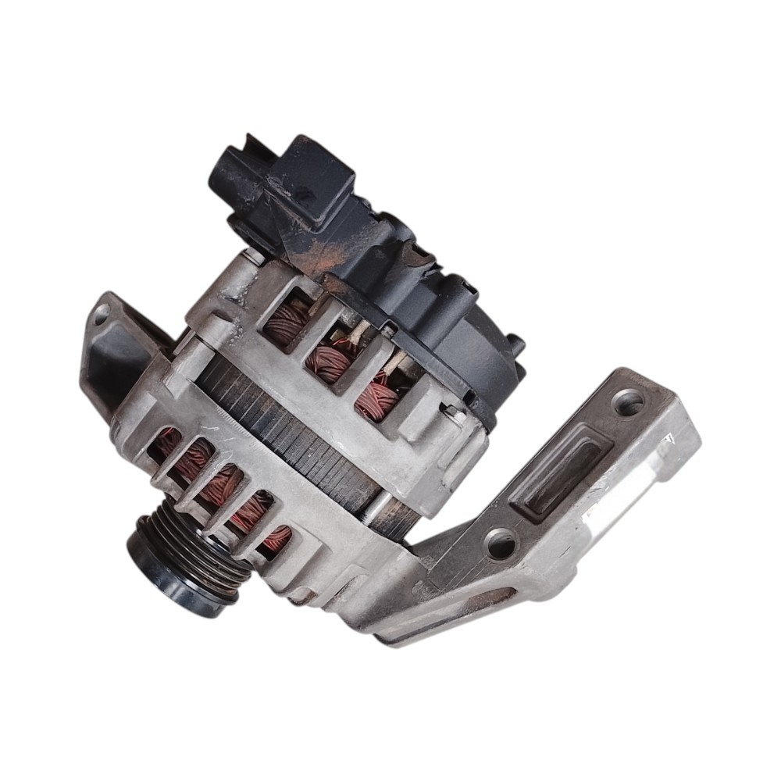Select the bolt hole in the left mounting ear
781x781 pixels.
tap(100, 314)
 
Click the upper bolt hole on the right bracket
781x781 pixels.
tap(629, 402)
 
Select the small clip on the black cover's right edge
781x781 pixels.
tap(516, 344)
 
